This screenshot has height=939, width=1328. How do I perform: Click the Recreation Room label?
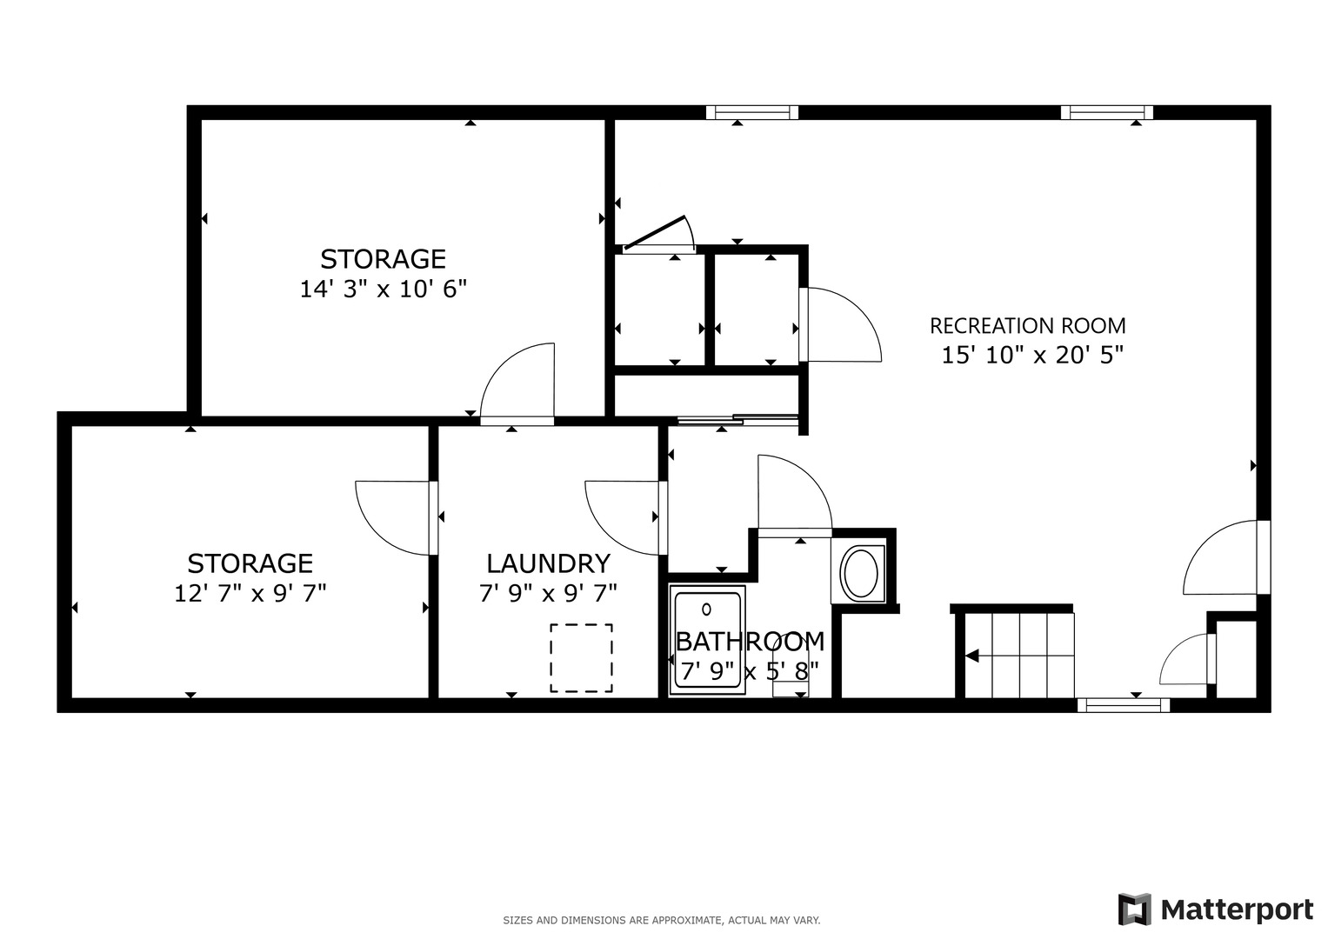[x=1027, y=326]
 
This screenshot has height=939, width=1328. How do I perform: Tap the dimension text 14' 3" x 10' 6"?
[x=384, y=290]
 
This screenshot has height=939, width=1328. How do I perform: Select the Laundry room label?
[x=548, y=563]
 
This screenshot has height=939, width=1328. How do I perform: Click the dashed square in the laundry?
[x=581, y=658]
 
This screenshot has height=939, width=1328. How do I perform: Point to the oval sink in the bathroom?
[x=859, y=573]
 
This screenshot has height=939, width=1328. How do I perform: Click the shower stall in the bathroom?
[x=707, y=640]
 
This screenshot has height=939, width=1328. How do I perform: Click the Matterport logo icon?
[x=1134, y=909]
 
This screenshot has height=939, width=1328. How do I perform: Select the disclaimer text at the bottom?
[x=661, y=920]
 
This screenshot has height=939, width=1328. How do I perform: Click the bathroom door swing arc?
[x=793, y=491]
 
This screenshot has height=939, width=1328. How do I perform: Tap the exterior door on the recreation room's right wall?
[x=1222, y=558]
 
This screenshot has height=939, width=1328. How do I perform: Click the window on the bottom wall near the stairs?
[x=1123, y=705]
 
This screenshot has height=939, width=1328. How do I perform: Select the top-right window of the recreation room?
[x=1106, y=112]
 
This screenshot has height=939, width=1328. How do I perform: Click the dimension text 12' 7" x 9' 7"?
[x=250, y=594]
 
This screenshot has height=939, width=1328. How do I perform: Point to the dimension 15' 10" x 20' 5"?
[x=1032, y=355]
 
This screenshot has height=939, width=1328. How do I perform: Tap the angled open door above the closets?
[x=659, y=233]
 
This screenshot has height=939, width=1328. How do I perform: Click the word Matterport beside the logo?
[x=1237, y=910]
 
